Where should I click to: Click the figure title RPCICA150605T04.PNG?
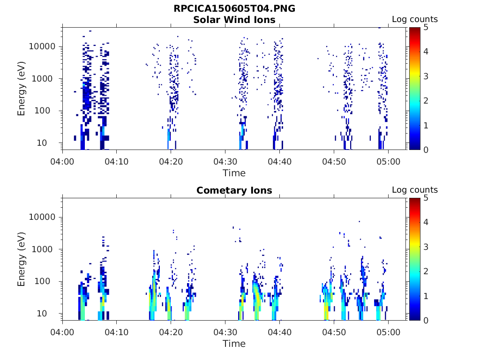[x=234, y=9]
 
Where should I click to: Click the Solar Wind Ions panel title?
[x=234, y=20]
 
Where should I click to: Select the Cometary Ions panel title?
[x=234, y=190]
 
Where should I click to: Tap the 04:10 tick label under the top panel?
[x=116, y=161]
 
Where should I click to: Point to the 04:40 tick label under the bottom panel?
[x=279, y=332]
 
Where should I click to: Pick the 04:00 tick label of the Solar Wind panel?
[x=62, y=161]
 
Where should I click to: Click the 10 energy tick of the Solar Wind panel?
[x=51, y=143]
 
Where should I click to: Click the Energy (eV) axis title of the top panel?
[x=22, y=89]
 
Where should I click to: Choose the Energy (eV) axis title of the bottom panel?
[x=22, y=259]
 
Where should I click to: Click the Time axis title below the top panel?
[x=234, y=173]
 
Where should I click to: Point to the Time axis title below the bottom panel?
[x=234, y=344]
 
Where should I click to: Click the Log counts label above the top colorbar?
[x=414, y=19]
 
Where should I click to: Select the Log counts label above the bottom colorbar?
[x=414, y=190]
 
